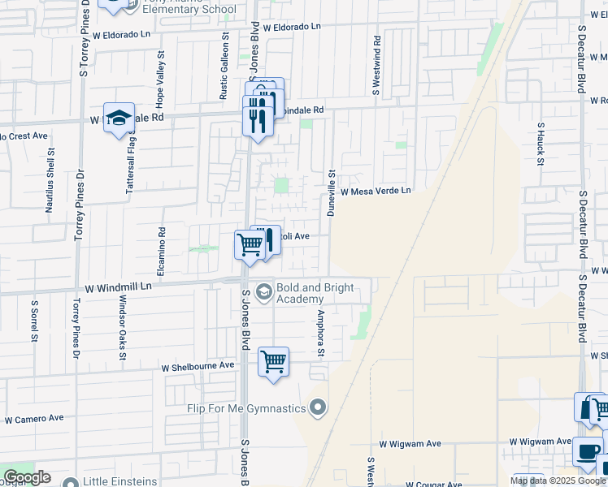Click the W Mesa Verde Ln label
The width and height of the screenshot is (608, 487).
(376, 192)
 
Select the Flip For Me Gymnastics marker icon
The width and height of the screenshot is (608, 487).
(319, 407)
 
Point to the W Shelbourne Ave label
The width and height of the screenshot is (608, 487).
(198, 367)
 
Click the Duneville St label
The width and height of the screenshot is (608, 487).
(332, 192)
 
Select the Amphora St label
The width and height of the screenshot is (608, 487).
(321, 333)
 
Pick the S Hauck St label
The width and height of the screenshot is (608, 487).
(541, 144)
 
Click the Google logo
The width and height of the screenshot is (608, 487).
(27, 477)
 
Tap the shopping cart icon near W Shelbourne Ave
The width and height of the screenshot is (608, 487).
(274, 361)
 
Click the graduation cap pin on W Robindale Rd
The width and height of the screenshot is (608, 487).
(119, 117)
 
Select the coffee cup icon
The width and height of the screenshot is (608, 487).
(587, 450)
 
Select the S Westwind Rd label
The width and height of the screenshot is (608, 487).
(376, 66)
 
